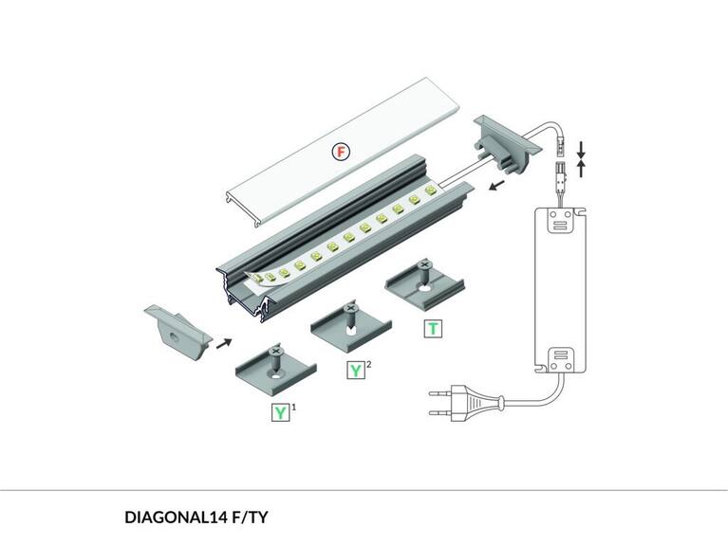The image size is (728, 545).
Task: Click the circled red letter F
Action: [341, 152]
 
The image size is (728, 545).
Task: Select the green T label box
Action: [433, 329]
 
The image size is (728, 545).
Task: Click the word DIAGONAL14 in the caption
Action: [177, 518]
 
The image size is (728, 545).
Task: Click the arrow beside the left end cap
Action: [224, 341]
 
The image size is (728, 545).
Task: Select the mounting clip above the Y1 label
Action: [274, 369]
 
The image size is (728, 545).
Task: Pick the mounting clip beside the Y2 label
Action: [349, 327]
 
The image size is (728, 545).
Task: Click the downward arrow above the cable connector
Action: [582, 150]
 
